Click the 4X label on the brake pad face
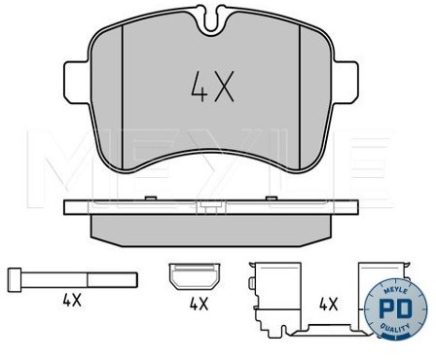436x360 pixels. point(212,87)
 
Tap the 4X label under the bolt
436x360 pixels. point(72,302)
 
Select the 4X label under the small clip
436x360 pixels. point(199,304)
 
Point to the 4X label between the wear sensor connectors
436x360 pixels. point(329,305)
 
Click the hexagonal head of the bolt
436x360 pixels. point(15,280)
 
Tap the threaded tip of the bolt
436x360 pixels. point(113,280)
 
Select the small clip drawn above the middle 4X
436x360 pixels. point(195,276)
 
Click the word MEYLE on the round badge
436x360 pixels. point(395,290)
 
